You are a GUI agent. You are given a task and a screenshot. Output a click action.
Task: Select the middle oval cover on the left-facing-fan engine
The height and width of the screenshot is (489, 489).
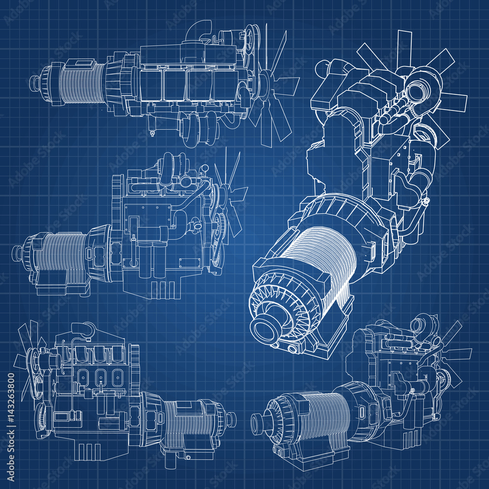pyautogui.click(x=100, y=378)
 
